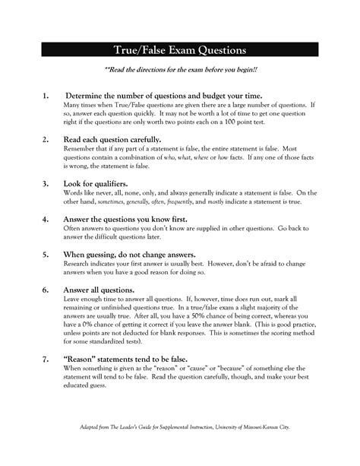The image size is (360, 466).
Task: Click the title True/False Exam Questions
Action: pos(180,50)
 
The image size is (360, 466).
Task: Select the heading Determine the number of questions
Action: pos(152,96)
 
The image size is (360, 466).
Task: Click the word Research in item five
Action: pos(80,264)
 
